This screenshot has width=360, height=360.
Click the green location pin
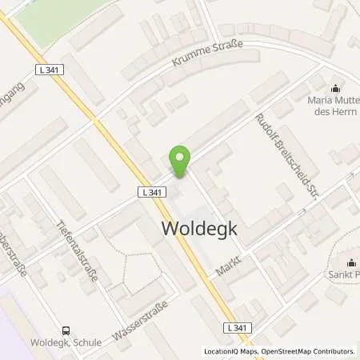tap(180, 162)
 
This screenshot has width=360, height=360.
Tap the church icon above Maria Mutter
tap(334, 88)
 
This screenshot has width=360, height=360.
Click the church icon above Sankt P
tap(350, 262)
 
